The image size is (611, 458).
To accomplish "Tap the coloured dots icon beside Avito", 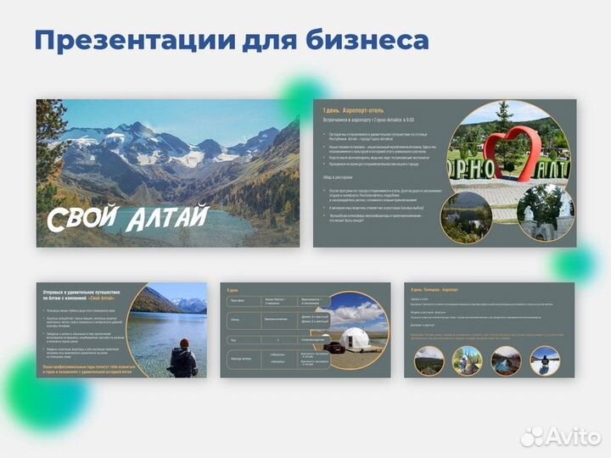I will coord(532,436).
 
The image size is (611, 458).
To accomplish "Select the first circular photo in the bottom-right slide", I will coord(429,360).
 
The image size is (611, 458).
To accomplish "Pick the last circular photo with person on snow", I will coord(545,360).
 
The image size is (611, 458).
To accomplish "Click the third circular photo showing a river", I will coord(506,360).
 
